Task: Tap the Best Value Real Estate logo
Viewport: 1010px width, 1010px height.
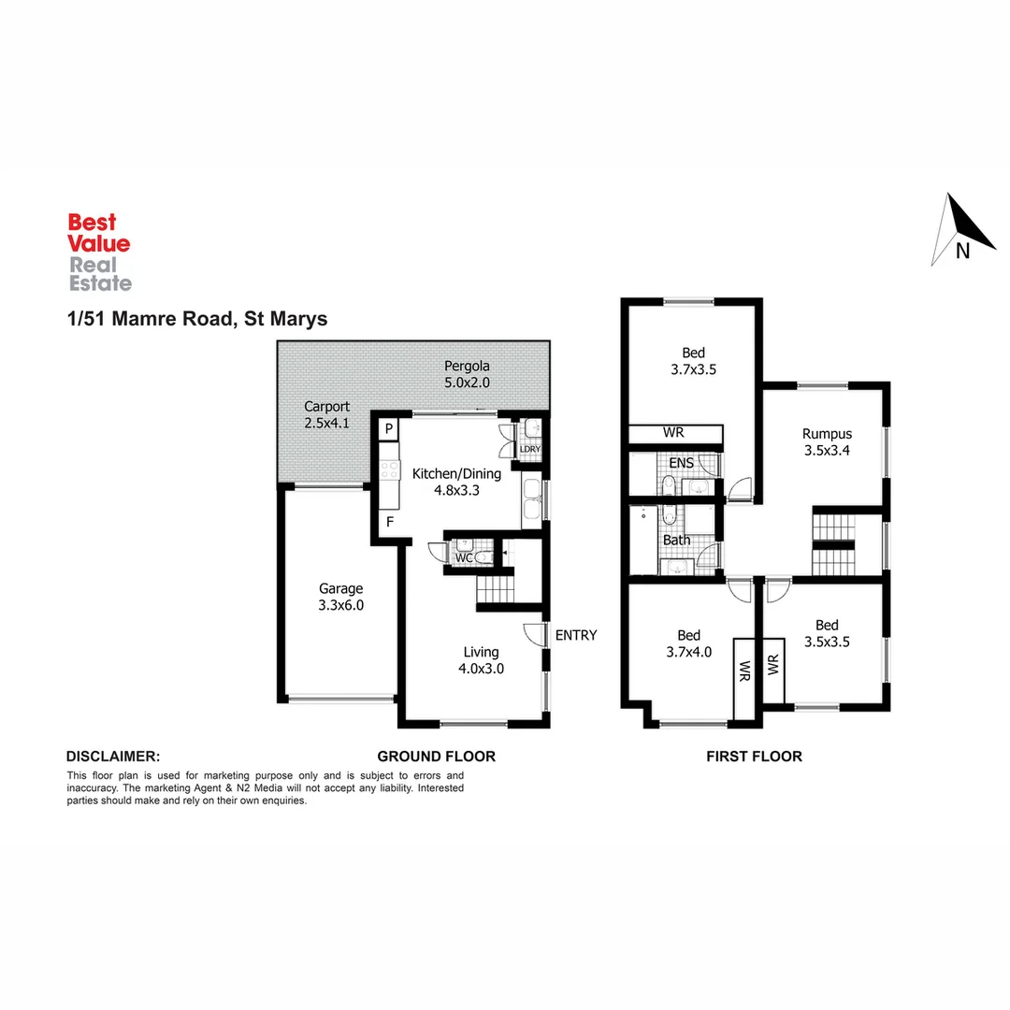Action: coord(99,252)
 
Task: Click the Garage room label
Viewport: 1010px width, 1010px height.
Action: coord(340,597)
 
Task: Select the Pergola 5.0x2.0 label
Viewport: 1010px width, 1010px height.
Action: coord(467,374)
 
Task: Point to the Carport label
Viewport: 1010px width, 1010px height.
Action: coord(326,414)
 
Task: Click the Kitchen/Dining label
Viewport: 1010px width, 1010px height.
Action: coord(456,482)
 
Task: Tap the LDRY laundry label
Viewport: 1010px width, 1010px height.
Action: coord(530,449)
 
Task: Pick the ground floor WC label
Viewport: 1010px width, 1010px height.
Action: coord(464,558)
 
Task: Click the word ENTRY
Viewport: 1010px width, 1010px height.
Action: coord(576,635)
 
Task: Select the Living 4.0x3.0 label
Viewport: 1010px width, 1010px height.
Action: coord(482,659)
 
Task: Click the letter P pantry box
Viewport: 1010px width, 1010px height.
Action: coord(388,428)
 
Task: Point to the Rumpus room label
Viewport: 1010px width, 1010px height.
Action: coord(827,441)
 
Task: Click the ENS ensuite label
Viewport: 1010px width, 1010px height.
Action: coord(682,463)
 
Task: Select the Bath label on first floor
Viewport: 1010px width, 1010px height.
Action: coord(676,540)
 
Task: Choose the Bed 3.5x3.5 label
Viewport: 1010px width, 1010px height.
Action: coord(827,633)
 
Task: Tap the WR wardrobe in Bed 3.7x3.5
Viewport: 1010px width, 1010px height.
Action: coord(674,434)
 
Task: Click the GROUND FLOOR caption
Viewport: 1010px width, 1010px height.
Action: coord(436,756)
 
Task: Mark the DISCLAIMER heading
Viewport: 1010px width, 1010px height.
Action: coord(113,756)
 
